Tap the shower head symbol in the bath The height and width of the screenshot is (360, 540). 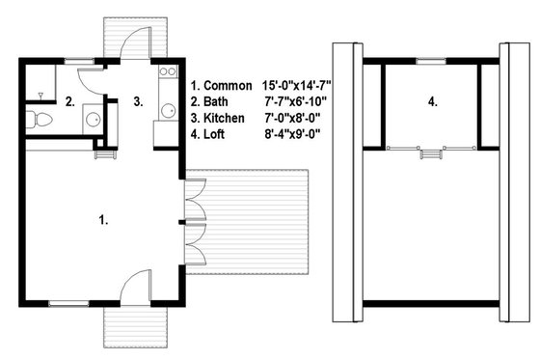(40, 94)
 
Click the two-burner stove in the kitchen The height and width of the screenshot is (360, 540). (165, 71)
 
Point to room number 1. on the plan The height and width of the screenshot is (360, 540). (103, 220)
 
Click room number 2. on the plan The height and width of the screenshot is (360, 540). (69, 100)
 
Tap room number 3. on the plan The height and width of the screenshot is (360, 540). (138, 100)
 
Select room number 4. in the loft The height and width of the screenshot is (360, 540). (433, 100)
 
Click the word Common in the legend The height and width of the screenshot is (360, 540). (231, 86)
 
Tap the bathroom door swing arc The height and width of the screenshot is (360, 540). (90, 82)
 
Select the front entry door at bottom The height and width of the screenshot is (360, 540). (137, 286)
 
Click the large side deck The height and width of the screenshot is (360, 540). (246, 221)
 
